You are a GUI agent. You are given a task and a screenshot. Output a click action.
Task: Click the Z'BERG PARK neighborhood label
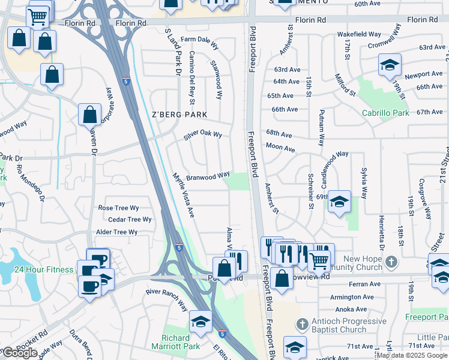[179, 115]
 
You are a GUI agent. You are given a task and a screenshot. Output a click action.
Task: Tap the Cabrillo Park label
[385, 113]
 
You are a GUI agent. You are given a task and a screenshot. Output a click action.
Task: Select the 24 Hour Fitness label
[44, 270]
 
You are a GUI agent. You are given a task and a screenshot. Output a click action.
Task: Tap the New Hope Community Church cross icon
[391, 262]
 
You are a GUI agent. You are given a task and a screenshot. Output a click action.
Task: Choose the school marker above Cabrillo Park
[390, 65]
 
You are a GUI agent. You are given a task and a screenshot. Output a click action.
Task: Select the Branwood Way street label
[208, 176]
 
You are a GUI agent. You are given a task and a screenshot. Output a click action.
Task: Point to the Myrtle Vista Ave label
[184, 195]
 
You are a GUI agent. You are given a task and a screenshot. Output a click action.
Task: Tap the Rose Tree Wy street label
[118, 208]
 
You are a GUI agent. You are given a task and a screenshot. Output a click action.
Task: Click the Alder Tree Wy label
[116, 232]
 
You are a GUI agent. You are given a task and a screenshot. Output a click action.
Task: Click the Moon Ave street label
[280, 147]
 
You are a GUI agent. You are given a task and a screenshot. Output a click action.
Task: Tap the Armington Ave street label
[352, 297]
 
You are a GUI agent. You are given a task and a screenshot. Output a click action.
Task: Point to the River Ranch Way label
[167, 298]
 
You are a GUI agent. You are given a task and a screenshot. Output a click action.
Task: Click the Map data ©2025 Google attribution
[412, 355]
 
